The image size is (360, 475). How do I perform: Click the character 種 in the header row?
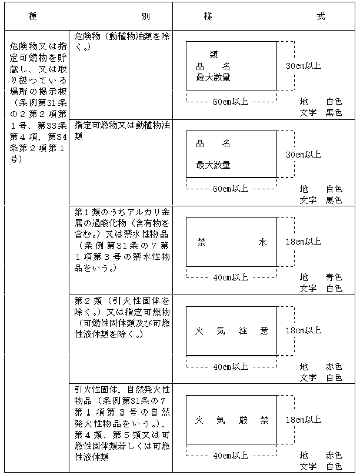pyautogui.click(x=33, y=16)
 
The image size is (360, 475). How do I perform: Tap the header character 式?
pyautogui.click(x=321, y=16)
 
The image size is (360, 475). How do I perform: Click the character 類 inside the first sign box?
pyautogui.click(x=214, y=55)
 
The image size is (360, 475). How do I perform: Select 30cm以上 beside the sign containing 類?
pyautogui.click(x=304, y=66)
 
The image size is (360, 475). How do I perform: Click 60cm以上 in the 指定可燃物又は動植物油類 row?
pyautogui.click(x=231, y=189)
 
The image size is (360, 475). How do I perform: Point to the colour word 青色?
pyautogui.click(x=334, y=277)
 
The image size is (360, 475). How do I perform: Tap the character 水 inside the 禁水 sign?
pyautogui.click(x=263, y=242)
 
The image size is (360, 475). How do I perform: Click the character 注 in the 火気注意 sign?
pyautogui.click(x=243, y=331)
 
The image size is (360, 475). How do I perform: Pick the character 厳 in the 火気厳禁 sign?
pyautogui.click(x=243, y=420)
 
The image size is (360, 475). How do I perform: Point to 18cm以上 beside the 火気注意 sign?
pyautogui.click(x=304, y=330)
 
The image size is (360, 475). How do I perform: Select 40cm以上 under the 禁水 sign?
pyautogui.click(x=231, y=277)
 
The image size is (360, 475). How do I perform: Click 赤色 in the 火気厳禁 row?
pyautogui.click(x=334, y=456)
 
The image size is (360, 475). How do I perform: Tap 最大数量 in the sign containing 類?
pyautogui.click(x=214, y=78)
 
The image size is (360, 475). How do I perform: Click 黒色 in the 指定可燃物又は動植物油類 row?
pyautogui.click(x=334, y=200)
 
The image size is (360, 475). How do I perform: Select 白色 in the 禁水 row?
pyautogui.click(x=334, y=289)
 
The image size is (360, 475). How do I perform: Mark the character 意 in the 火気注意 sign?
pyautogui.click(x=264, y=331)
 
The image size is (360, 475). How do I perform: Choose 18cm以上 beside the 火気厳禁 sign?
pyautogui.click(x=304, y=420)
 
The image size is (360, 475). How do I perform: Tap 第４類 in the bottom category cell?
pyautogui.click(x=88, y=435)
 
